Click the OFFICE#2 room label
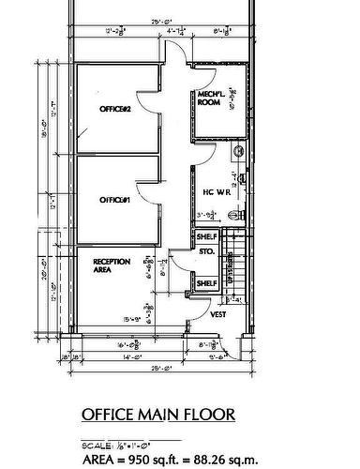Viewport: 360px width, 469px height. (x=113, y=110)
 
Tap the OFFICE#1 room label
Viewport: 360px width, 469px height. (x=113, y=201)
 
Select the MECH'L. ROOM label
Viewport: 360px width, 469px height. (x=208, y=98)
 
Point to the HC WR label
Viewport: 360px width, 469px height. (x=217, y=192)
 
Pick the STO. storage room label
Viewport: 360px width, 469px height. (x=206, y=252)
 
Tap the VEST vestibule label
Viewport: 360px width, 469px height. (x=218, y=315)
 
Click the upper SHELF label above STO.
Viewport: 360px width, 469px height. (x=206, y=237)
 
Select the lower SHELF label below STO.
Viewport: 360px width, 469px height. (x=206, y=282)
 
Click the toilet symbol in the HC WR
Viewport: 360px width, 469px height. (x=241, y=215)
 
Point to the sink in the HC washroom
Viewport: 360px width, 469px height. (x=237, y=150)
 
